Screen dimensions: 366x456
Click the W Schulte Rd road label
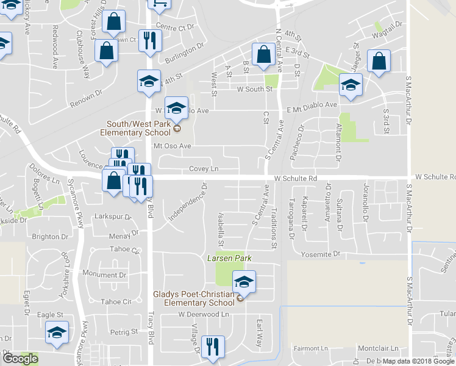tap(296, 178)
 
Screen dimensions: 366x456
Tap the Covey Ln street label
tap(204, 168)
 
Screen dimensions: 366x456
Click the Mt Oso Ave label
tap(173, 146)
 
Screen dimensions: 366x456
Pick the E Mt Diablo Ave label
tap(312, 105)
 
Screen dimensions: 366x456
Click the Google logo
tap(20, 358)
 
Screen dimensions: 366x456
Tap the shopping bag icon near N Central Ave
tap(264, 55)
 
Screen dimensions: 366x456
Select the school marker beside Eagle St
tap(56, 333)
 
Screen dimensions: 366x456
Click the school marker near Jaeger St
tap(351, 86)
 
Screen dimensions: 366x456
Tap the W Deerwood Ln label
tap(203, 314)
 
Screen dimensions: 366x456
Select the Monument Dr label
tap(104, 275)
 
